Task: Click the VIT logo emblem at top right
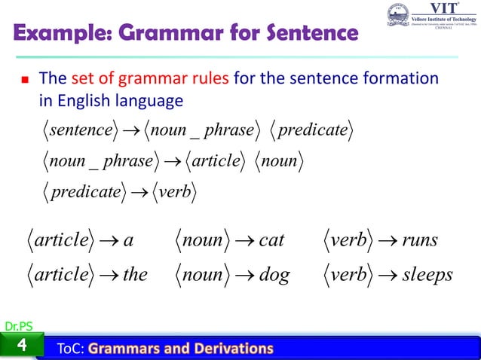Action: (399, 17)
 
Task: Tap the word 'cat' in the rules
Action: (271, 240)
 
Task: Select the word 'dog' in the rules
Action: (273, 275)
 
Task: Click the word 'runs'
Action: (420, 240)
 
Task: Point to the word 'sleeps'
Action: (427, 275)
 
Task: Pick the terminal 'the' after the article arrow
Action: (135, 275)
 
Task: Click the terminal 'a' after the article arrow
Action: (128, 241)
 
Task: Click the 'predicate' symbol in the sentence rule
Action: (313, 130)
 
